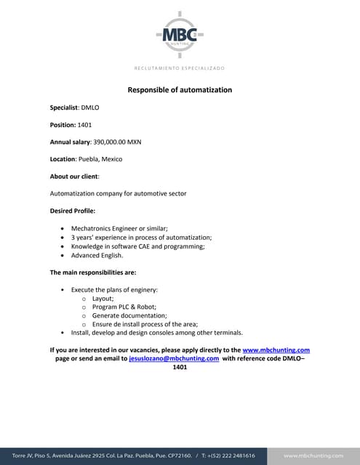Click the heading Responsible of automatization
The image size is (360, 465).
(x=180, y=90)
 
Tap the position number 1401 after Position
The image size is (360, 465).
(x=84, y=124)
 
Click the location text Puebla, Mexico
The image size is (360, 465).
(x=101, y=159)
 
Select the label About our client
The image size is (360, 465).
(x=73, y=177)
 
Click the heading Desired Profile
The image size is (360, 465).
(x=73, y=211)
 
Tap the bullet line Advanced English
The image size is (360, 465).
(x=97, y=256)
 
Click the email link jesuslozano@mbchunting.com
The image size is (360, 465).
(x=174, y=359)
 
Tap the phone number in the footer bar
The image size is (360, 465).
(x=228, y=456)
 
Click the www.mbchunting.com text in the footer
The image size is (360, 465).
(x=313, y=456)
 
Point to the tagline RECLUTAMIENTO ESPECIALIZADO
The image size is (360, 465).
(x=180, y=68)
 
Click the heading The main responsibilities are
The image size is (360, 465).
(x=93, y=272)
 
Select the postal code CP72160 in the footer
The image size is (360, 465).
(x=175, y=456)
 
